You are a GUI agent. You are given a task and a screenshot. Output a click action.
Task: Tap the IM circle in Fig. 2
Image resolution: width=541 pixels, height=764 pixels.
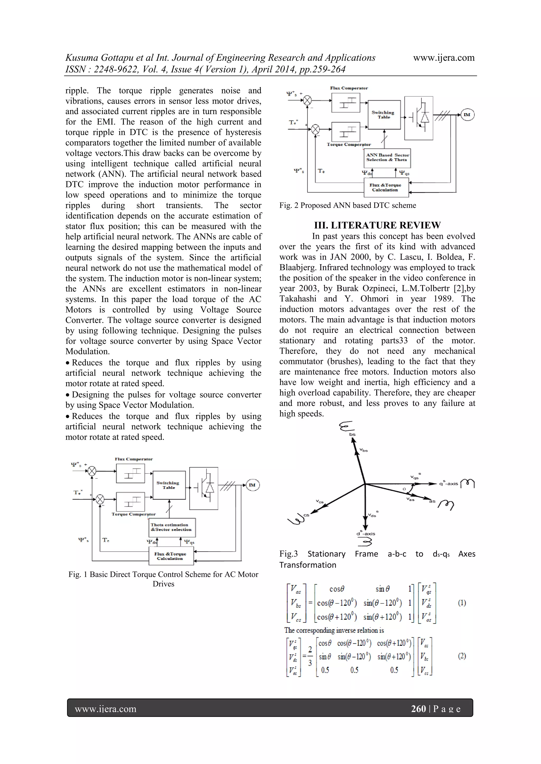467,115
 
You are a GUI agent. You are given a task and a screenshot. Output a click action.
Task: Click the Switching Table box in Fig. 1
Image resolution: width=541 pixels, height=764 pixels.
169,485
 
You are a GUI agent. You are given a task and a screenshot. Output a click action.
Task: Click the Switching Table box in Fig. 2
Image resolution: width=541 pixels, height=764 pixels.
384,115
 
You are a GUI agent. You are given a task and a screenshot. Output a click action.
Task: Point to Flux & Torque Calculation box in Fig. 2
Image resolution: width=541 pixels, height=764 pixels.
386,187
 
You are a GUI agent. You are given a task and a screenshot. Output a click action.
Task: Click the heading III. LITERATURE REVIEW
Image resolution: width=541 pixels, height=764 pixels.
377,225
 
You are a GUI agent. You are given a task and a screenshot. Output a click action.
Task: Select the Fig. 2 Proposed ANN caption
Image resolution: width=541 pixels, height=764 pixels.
347,205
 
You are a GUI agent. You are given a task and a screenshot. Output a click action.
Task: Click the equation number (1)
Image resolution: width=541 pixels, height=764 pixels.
462,602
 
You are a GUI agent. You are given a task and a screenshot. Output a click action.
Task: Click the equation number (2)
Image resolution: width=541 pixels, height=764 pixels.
462,656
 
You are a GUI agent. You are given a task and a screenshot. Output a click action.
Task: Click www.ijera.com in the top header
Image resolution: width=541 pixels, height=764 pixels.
444,58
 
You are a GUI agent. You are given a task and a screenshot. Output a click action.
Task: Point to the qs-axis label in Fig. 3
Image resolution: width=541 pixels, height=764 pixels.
448,483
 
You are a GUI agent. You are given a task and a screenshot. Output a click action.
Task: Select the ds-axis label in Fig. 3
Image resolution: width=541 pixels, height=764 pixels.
366,533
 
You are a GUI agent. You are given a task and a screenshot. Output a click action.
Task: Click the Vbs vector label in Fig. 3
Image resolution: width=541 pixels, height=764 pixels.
363,450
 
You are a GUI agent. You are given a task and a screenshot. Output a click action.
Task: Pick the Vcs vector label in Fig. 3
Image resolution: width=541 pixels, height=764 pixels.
320,501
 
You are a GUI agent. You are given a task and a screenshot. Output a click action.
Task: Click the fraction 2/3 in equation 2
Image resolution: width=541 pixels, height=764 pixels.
310,656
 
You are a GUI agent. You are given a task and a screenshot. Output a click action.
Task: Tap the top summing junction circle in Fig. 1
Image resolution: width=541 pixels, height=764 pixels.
92,471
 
